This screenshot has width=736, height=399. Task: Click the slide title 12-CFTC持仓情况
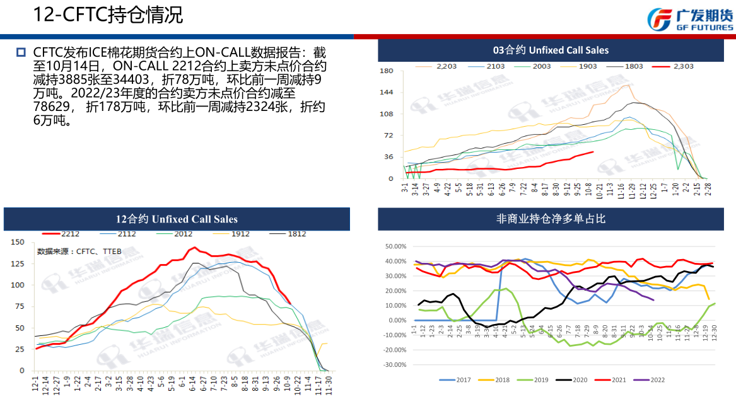click(x=108, y=15)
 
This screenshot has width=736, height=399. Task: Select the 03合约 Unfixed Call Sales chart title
click(x=551, y=50)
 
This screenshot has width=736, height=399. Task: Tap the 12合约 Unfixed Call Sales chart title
click(x=177, y=219)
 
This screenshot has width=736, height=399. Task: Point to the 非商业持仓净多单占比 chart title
click(x=551, y=219)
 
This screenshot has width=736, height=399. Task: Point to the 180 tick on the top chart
click(x=387, y=71)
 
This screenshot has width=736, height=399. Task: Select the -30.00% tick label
click(x=395, y=365)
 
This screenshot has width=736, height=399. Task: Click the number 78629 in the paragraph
click(x=51, y=108)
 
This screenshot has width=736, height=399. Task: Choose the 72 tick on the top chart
click(x=389, y=136)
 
